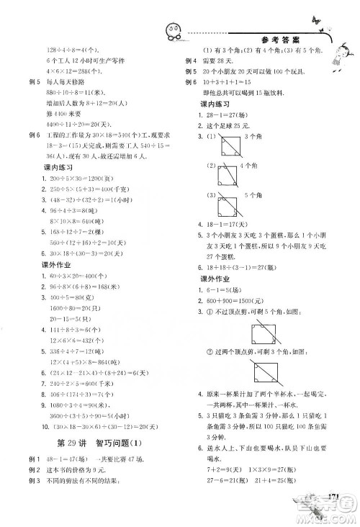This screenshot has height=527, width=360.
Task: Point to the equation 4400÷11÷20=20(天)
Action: (78, 114)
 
